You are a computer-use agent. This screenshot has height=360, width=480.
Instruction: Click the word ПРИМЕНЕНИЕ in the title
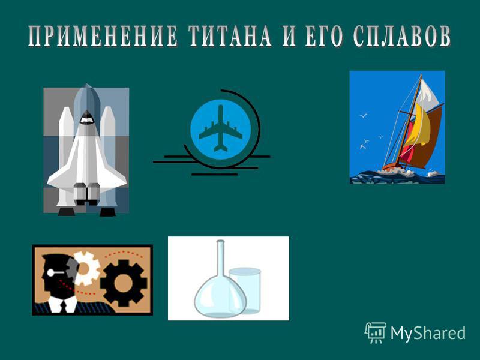tap(103, 36)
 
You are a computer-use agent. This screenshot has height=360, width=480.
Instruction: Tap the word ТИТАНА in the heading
tap(230, 36)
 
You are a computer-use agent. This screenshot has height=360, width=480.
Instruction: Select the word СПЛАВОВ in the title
tap(402, 36)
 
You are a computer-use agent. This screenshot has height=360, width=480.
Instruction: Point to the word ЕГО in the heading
tap(324, 36)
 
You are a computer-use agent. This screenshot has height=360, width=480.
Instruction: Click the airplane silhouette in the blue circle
tap(220, 128)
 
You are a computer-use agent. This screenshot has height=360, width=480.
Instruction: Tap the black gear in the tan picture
tap(124, 283)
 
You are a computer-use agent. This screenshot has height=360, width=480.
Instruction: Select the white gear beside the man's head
tap(86, 268)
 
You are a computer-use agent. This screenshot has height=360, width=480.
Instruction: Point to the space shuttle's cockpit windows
tap(86, 118)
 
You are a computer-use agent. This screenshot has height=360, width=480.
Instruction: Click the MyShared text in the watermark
tap(428, 332)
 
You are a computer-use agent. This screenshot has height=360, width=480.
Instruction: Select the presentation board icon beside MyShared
tap(376, 332)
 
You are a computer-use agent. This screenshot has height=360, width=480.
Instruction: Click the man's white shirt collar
tap(63, 304)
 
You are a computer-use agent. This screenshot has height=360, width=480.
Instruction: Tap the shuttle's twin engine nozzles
tap(86, 194)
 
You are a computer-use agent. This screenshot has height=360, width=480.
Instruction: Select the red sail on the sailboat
tap(406, 147)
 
